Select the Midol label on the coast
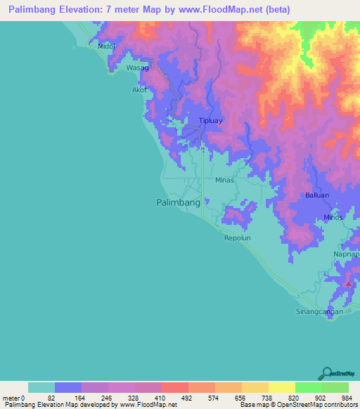click(106, 46)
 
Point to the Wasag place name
click(137, 68)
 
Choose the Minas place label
click(224, 180)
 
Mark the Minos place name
click(333, 217)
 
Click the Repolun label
click(237, 238)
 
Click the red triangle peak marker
click(348, 283)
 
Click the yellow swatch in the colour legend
click(281, 387)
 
